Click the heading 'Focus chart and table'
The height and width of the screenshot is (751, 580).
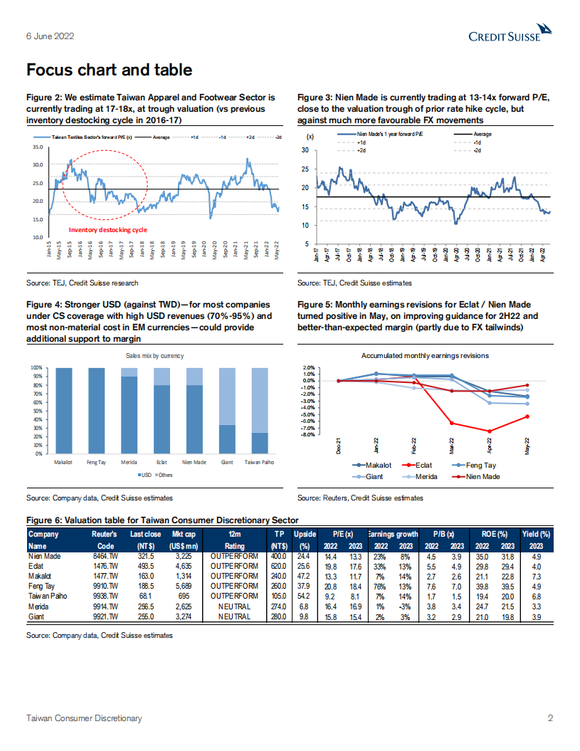109,70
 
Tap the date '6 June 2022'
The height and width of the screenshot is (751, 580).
50,36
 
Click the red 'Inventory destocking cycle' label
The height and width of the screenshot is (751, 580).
107,230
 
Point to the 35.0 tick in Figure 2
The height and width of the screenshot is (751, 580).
37,147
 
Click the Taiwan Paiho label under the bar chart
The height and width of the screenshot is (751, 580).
260,463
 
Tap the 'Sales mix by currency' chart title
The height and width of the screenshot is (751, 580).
154,355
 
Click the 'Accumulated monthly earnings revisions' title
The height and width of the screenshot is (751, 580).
425,355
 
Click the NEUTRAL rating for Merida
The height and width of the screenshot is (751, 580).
234,606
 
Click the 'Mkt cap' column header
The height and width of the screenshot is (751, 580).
184,534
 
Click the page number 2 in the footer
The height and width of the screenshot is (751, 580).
550,718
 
